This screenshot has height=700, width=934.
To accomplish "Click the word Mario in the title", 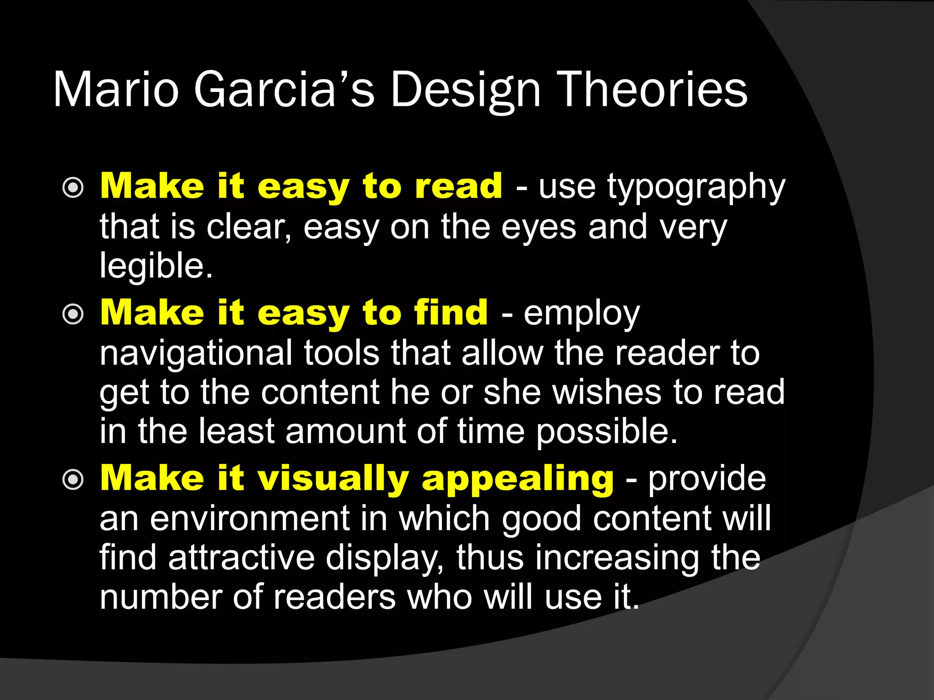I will coord(116,90).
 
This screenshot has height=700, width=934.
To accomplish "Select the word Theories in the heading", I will coord(653,90).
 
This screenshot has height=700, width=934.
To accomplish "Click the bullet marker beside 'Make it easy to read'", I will coord(73,188).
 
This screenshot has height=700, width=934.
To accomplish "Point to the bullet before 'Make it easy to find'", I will coord(73,314).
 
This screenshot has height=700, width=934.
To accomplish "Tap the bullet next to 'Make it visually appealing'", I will coord(73,479).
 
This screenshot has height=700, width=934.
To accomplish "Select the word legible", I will coord(156,265).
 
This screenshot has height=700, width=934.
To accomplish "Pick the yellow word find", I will coord(451,313).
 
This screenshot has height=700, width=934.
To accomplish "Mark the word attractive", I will coord(241,557).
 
